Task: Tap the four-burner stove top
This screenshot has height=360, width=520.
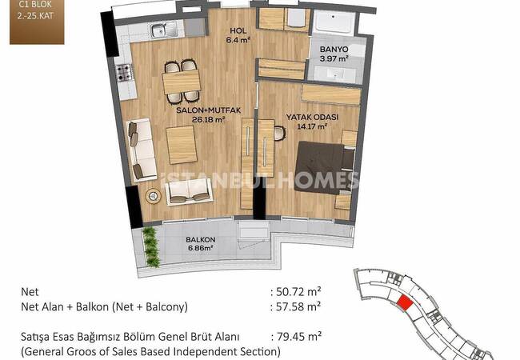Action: coord(124,73)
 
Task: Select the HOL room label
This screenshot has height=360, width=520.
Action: coord(238,31)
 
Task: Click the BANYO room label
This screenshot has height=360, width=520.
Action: coord(334,50)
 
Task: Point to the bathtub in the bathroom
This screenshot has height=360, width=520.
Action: coord(334,22)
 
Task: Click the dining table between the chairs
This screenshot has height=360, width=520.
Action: coord(181,82)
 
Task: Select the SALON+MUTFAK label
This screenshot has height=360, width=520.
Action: coord(208,110)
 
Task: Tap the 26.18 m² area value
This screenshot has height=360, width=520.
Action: coord(209,119)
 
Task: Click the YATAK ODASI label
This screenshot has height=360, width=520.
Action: coord(312,117)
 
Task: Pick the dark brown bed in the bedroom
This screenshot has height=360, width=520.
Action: coord(323,167)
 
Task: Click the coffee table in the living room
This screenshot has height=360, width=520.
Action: coord(181,145)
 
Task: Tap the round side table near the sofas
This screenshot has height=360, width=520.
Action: coord(153,196)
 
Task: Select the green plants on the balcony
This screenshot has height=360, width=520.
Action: coord(151,246)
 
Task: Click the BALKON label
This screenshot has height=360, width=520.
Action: coord(200,239)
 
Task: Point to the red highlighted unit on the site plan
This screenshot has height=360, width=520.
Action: coord(405,302)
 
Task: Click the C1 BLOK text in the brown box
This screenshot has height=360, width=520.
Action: coord(35,5)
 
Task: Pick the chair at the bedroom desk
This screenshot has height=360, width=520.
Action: coord(279,134)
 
